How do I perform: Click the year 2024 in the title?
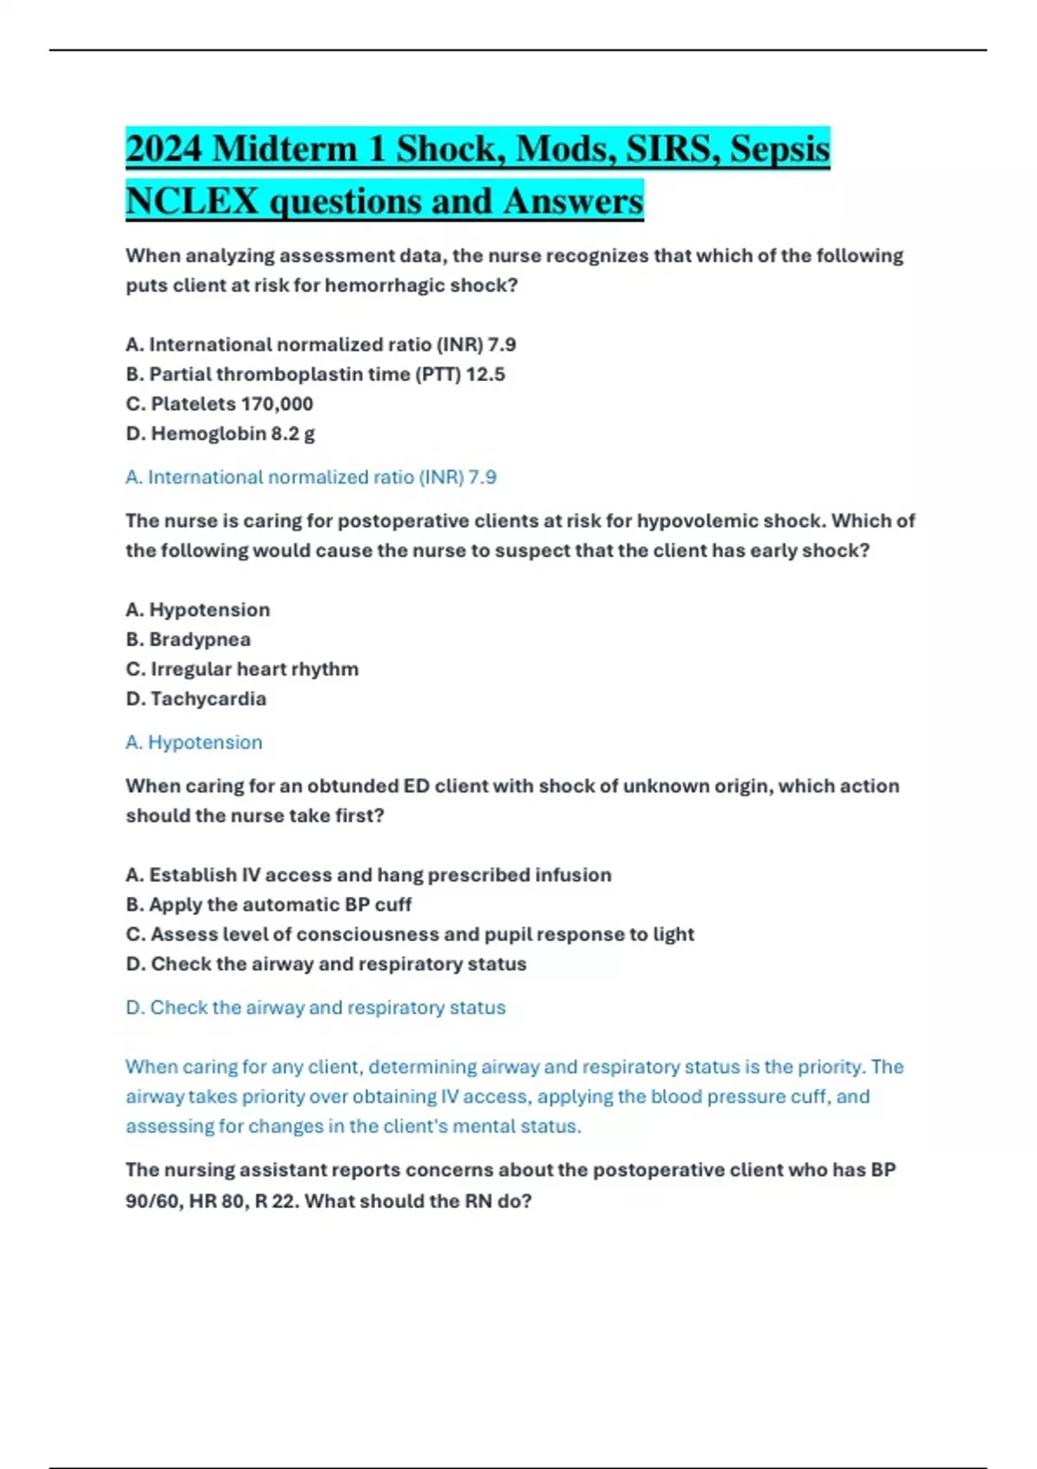(163, 149)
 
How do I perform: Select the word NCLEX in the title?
(192, 201)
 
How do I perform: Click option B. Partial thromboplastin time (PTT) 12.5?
(315, 374)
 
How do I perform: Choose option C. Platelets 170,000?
(219, 404)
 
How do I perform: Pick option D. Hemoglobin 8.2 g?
(220, 433)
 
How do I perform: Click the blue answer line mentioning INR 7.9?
(311, 477)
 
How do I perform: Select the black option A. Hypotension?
(198, 609)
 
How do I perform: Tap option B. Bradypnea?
(188, 639)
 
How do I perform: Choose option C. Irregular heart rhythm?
(242, 669)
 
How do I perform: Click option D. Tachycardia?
(196, 698)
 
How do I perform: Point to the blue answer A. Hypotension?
(194, 742)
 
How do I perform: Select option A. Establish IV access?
(368, 874)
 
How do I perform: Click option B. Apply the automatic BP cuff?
(269, 905)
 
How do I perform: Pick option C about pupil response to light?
(410, 934)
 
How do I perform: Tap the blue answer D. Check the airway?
(315, 1008)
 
